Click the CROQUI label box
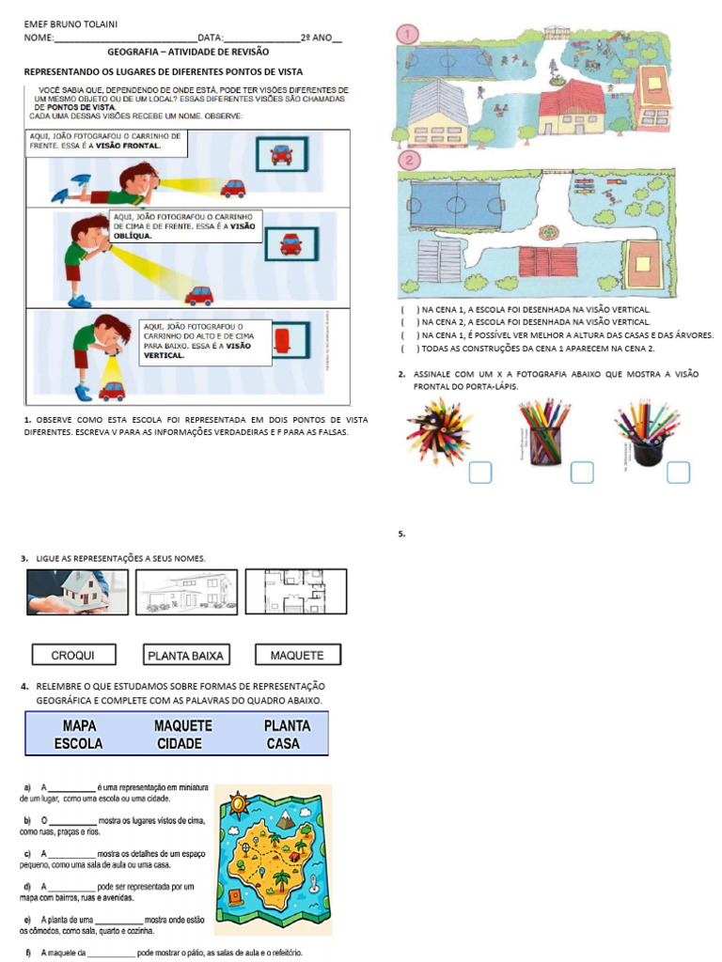pos(72,655)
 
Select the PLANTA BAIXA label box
pos(184,655)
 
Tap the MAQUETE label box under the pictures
pos(296,655)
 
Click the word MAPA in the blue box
pos(79,726)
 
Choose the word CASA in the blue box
pos(282,743)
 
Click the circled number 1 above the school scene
pos(408,34)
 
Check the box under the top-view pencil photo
pos(480,473)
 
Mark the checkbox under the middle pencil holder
pos(582,473)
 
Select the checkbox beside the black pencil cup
pos(678,473)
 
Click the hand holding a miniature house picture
pos(77,592)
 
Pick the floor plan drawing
pos(295,592)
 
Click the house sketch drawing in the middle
pos(186,592)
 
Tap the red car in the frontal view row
pos(233,188)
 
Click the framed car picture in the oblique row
pos(291,243)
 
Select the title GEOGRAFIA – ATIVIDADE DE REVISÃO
pos(188,52)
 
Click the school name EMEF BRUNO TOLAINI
pos(65,23)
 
